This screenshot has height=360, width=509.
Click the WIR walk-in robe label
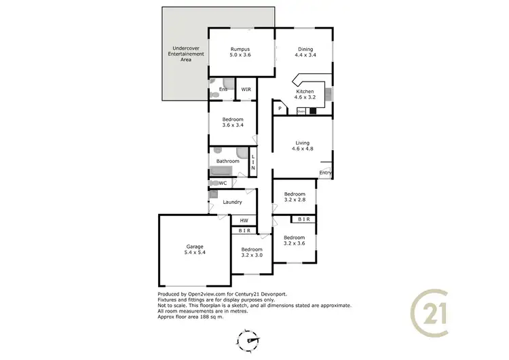(246, 89)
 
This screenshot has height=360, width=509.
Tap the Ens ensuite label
(223, 89)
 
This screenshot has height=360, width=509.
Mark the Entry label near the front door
(326, 173)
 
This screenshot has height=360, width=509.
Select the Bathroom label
(227, 161)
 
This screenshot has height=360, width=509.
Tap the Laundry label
(233, 202)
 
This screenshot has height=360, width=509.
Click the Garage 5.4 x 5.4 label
(195, 249)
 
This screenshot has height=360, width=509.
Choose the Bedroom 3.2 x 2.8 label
(294, 196)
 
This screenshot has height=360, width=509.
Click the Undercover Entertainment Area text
(181, 54)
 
